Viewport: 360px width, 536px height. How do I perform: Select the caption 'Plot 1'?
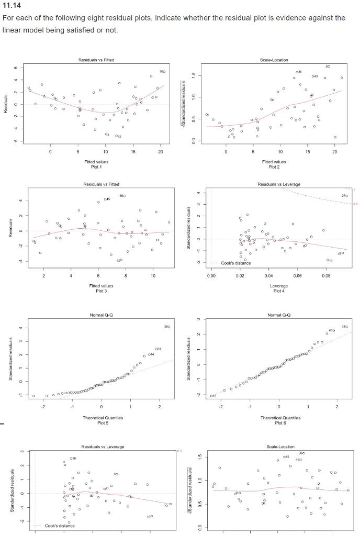(x=96, y=167)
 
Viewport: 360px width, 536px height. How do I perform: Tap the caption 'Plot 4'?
(x=279, y=291)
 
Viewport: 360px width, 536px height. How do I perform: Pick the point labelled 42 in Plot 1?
(x=116, y=136)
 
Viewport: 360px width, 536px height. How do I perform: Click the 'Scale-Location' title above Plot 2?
(x=274, y=60)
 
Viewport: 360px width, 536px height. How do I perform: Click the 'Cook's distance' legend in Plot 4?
(x=234, y=263)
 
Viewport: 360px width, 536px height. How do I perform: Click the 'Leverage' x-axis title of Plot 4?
(x=279, y=286)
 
